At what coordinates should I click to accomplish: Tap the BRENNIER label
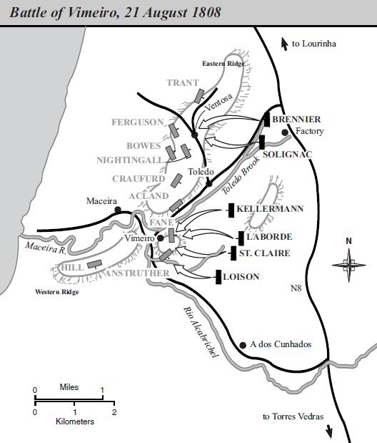coord(296,119)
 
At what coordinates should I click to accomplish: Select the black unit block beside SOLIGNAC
coord(262,142)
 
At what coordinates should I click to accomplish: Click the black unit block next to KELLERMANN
coord(231,209)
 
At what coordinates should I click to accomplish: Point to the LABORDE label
coord(269,236)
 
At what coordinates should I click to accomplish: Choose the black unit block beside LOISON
coord(218,277)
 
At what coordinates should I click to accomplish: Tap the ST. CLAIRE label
coord(264,253)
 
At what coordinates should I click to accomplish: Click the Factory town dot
coord(285,132)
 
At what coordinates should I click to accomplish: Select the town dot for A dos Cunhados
coord(243,344)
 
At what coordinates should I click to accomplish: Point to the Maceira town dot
coord(118,210)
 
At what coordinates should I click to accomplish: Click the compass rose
coord(348,265)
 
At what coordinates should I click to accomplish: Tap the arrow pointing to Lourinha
coord(285,43)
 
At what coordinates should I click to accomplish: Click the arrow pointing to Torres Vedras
coord(330,430)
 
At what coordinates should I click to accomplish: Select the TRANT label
coord(183,83)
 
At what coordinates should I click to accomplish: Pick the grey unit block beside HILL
coord(92,263)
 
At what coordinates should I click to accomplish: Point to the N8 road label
coord(296,288)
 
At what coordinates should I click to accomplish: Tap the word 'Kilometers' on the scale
coord(75,422)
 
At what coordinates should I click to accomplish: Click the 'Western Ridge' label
coord(57,292)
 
